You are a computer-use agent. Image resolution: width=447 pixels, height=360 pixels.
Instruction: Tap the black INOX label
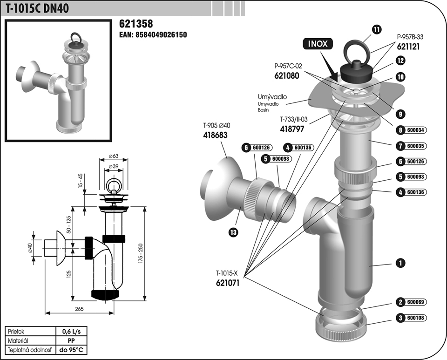318,44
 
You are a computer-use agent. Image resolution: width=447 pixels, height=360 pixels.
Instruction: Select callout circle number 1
400,263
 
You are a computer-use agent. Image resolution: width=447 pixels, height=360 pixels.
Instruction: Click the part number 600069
415,302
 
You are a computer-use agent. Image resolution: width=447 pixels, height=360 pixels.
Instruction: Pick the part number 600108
415,319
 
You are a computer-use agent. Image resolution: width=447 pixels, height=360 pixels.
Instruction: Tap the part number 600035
415,146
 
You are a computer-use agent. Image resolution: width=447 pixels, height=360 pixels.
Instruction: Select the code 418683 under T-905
216,135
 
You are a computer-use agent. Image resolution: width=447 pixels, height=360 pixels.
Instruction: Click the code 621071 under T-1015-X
228,282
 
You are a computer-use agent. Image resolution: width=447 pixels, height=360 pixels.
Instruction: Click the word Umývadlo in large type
272,97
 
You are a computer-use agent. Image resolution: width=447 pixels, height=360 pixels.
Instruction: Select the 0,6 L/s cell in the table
71,332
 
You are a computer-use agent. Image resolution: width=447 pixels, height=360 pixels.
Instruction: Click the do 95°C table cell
71,349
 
